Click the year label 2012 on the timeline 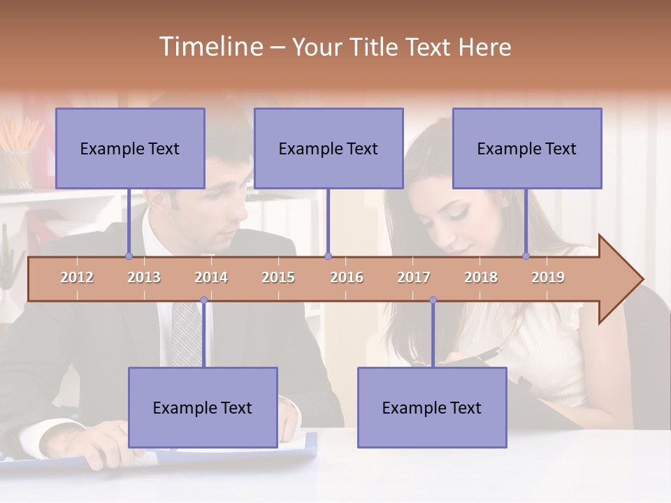[77, 277]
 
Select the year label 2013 [144, 277]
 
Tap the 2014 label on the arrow [211, 277]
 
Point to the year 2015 [278, 277]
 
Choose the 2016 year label [347, 277]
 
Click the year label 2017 [414, 277]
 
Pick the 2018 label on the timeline [481, 277]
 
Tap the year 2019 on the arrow [548, 277]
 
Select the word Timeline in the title [210, 47]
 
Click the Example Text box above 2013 [130, 148]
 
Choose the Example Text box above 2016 [329, 148]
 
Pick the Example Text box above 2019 [527, 148]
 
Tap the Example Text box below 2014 [203, 407]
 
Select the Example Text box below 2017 [432, 407]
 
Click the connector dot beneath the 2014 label [203, 300]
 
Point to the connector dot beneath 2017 [433, 300]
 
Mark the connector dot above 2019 [526, 256]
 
